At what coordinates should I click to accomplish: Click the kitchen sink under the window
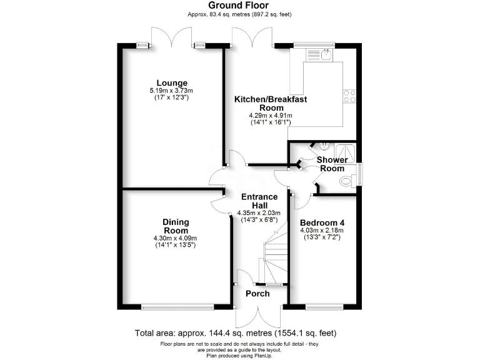coord(326,56)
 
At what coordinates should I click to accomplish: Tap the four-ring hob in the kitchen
coord(349,96)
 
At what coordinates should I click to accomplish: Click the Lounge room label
coord(172,83)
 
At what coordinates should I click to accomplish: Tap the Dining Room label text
coord(176,226)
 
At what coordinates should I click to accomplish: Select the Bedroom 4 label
coord(322,223)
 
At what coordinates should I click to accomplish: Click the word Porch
coord(257,294)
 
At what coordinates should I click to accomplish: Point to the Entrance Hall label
coord(259,201)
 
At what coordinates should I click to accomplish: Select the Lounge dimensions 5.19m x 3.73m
coord(172,91)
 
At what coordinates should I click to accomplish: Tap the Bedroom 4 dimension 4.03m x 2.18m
coord(322,231)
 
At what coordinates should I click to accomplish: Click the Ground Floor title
coord(240,6)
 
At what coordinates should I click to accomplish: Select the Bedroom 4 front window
coord(324,306)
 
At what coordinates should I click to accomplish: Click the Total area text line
coord(240,333)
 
